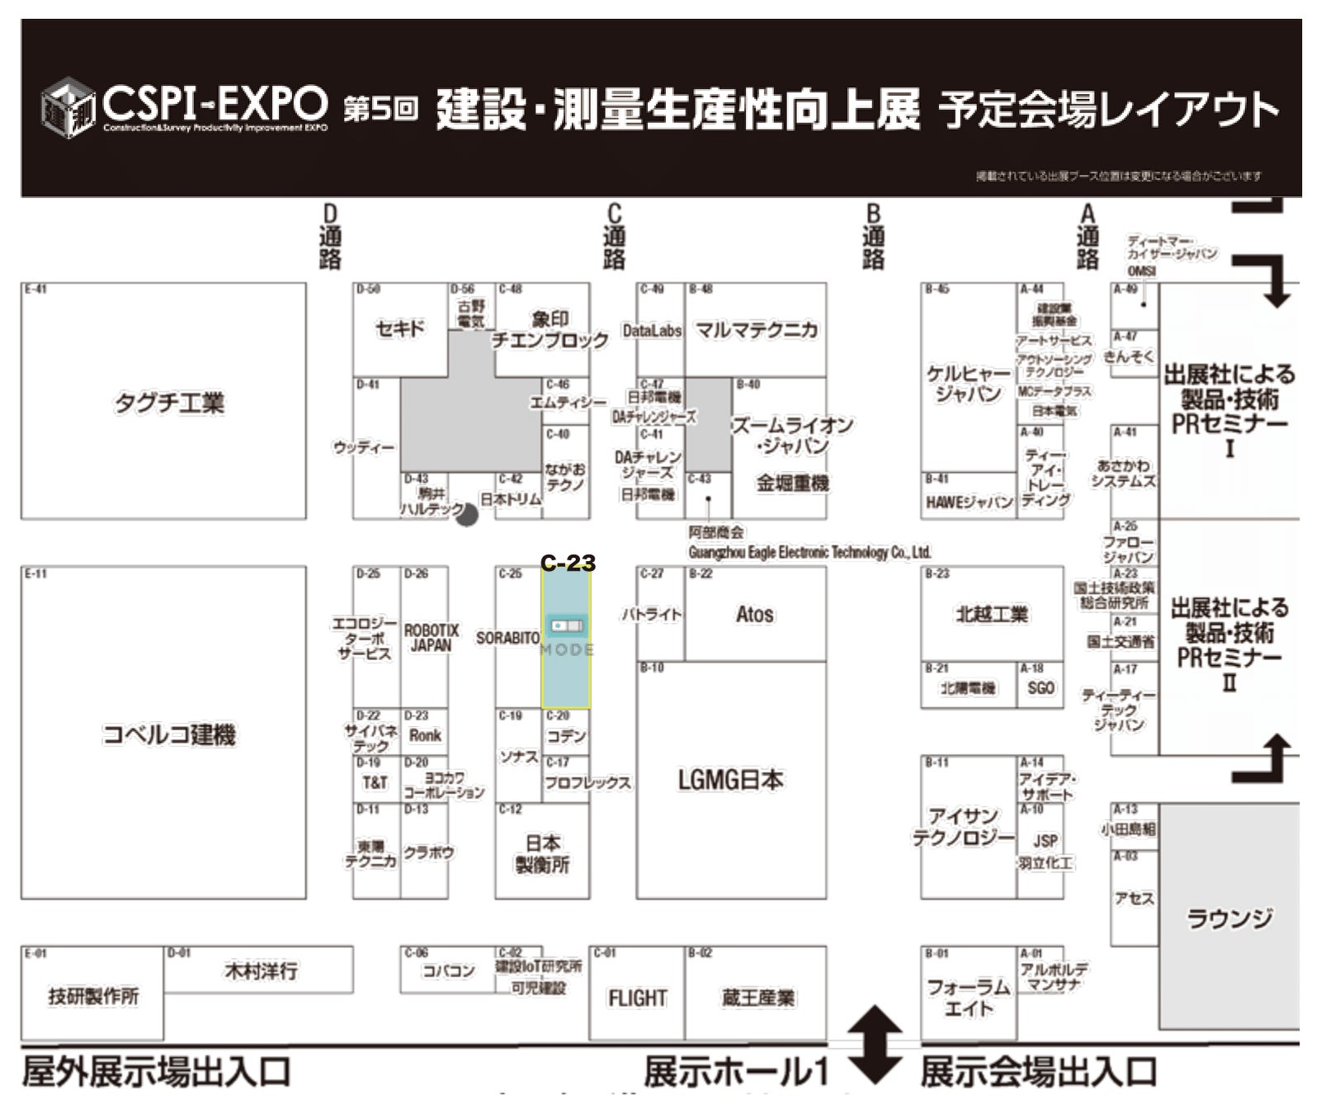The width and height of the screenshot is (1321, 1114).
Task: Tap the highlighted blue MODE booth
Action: pos(566,637)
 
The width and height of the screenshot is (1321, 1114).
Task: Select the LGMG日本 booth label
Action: pos(730,780)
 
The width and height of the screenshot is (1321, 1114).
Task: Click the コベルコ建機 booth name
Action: pos(169,734)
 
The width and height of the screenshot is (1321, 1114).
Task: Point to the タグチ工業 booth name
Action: pos(169,403)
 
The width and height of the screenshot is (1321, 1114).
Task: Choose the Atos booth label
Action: pos(754,615)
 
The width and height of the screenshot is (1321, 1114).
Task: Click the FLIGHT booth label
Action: pos(637,998)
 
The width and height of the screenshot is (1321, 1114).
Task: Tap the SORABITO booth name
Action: pos(507,638)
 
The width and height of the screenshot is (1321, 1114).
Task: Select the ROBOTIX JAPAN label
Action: pos(431,638)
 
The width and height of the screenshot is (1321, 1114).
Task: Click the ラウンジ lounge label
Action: pos(1229,918)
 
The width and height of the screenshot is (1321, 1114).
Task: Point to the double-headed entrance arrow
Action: pos(875,1044)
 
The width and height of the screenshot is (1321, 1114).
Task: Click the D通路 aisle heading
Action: pos(330,237)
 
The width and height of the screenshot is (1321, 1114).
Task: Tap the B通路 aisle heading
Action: pos(873,237)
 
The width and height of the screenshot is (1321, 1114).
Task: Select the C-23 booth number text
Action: pos(568,563)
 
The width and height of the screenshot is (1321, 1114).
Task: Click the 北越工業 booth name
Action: pos(991,614)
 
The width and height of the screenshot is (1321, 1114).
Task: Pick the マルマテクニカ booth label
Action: pos(756,330)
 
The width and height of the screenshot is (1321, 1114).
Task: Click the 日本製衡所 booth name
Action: pos(542,853)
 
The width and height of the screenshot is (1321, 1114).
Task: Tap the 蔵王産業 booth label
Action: pos(757,998)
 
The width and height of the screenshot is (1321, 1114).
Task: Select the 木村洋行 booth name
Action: pos(261,971)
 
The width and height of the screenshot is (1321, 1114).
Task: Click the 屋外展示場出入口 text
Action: pos(157,1072)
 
